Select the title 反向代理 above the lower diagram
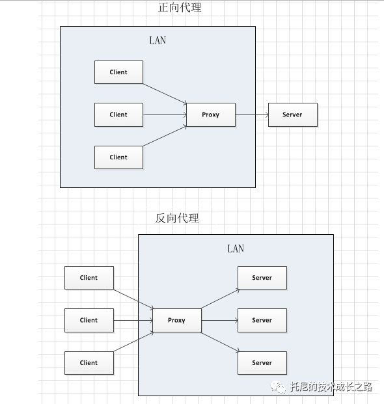point(177,218)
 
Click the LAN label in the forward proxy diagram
point(158,40)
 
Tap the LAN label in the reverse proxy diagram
point(236,249)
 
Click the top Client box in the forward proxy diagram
point(118,72)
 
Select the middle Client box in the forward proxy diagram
point(118,114)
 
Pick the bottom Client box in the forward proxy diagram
point(118,157)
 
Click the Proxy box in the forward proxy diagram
point(210,114)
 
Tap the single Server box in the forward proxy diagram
point(292,114)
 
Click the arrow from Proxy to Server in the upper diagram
point(251,114)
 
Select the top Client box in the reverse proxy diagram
point(89,278)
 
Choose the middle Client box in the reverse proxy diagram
point(89,320)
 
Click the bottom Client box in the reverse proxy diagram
point(89,363)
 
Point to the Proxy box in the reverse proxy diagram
point(176,320)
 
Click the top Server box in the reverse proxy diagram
point(262,278)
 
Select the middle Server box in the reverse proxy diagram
point(262,320)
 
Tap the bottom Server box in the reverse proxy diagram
point(262,363)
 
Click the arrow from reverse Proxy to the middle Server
point(219,320)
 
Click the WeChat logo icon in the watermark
point(279,387)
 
